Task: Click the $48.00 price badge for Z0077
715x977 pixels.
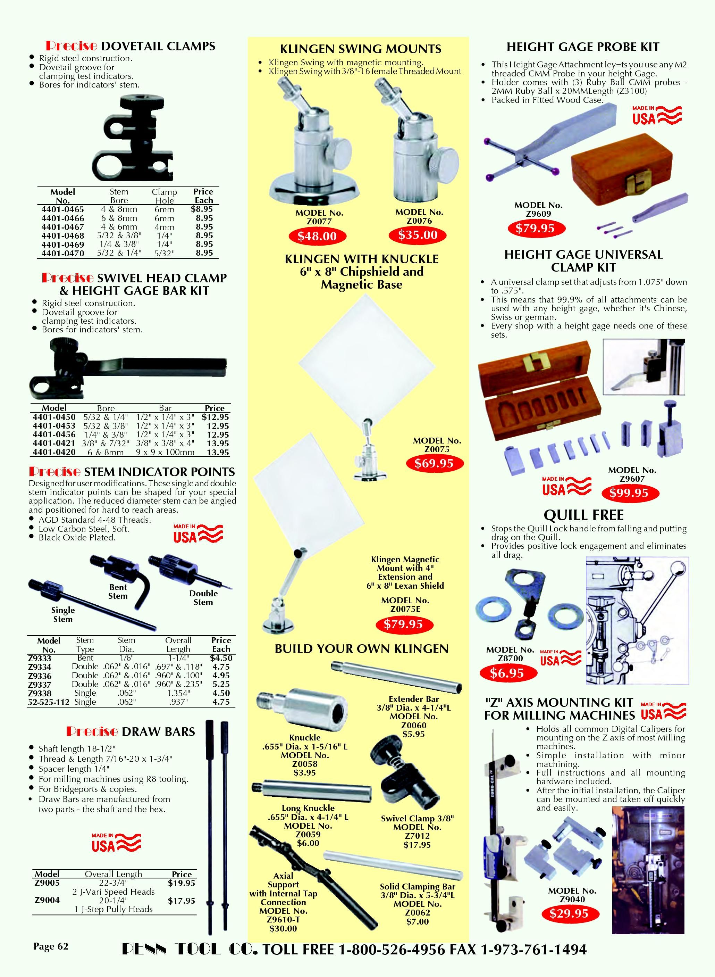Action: pyautogui.click(x=317, y=236)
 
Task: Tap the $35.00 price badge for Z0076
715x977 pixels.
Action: pyautogui.click(x=418, y=235)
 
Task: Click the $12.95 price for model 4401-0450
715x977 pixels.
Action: pyautogui.click(x=215, y=417)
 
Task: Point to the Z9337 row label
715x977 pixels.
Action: pyautogui.click(x=39, y=685)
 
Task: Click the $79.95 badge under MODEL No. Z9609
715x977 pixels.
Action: pyautogui.click(x=535, y=228)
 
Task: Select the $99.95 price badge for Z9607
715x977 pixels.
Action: pyautogui.click(x=629, y=493)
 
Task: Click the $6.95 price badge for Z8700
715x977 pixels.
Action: pyautogui.click(x=506, y=673)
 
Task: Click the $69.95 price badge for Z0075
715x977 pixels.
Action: pyautogui.click(x=434, y=463)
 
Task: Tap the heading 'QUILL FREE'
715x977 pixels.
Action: pyautogui.click(x=584, y=515)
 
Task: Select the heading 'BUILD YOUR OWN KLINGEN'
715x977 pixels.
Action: pyautogui.click(x=361, y=649)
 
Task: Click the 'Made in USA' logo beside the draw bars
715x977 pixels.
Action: pyautogui.click(x=116, y=843)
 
